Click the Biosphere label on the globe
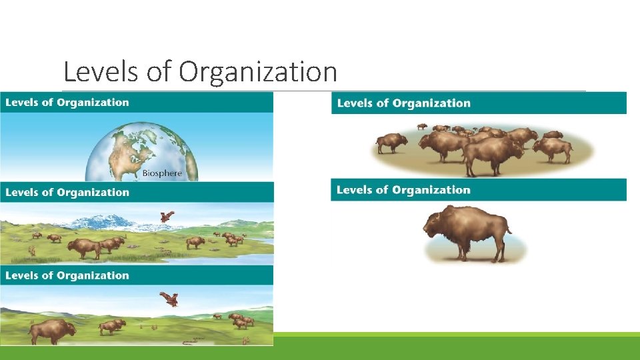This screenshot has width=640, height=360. pos(162,174)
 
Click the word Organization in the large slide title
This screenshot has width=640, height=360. pos(257,72)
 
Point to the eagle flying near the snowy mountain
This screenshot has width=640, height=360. pos(167,216)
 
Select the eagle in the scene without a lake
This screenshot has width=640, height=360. pos(169,299)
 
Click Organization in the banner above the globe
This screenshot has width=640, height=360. pos(93,103)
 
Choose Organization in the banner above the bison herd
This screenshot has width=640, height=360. pos(431,103)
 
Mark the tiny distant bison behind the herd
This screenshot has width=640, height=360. pos(421,125)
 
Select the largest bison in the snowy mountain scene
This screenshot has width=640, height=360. pos(85,248)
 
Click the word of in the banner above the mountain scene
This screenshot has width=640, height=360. pos(47,193)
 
